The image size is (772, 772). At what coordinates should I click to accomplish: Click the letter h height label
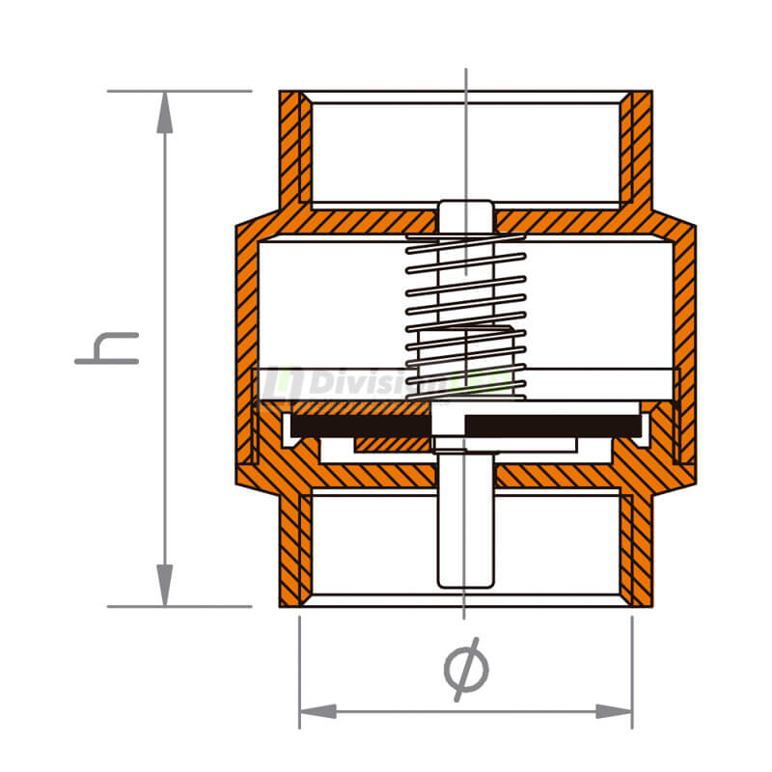tap(107, 348)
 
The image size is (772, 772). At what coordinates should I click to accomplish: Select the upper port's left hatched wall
tap(293, 150)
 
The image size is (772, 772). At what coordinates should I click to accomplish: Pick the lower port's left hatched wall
tap(293, 550)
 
